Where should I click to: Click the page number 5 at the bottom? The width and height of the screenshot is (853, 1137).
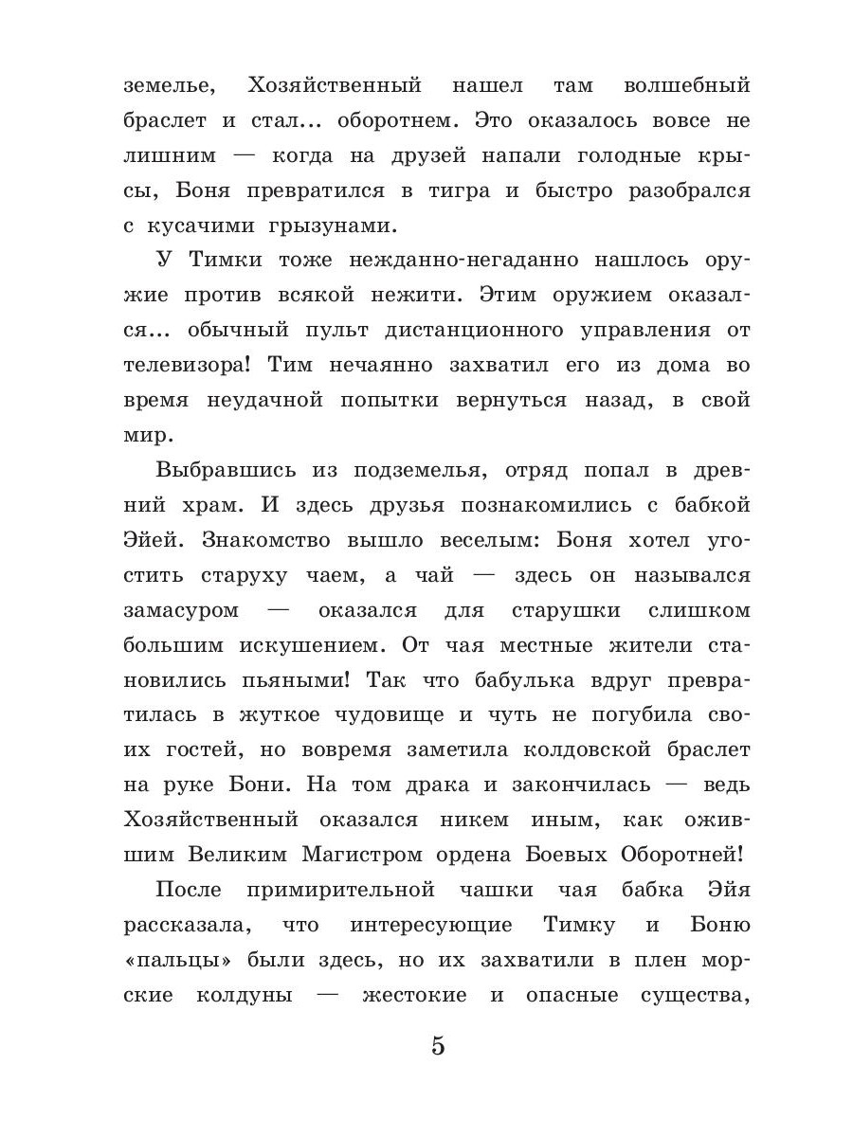coord(437,1046)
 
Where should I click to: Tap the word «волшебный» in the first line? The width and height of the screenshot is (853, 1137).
coord(686,86)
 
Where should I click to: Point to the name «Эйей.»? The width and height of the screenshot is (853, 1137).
coord(157,541)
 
